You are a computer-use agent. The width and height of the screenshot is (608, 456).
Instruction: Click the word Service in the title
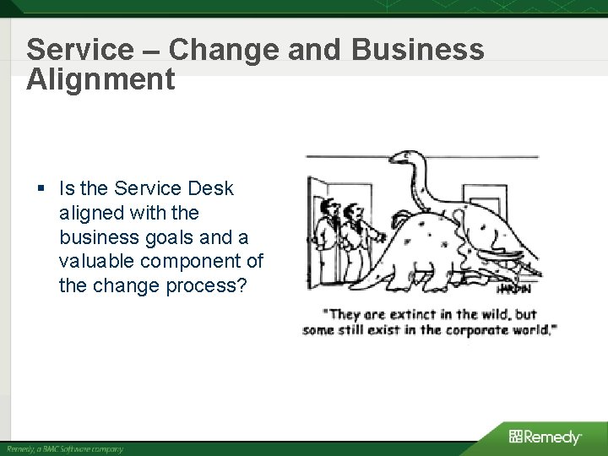pyautogui.click(x=79, y=49)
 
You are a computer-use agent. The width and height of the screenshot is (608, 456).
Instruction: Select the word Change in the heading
pyautogui.click(x=223, y=49)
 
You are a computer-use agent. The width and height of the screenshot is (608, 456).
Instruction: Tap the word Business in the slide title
pyautogui.click(x=418, y=49)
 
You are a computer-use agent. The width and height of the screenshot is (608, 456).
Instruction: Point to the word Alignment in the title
pyautogui.click(x=100, y=79)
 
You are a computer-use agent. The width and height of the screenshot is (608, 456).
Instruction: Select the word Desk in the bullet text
pyautogui.click(x=211, y=188)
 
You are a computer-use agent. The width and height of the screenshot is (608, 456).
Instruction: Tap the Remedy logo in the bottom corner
pyautogui.click(x=545, y=437)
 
